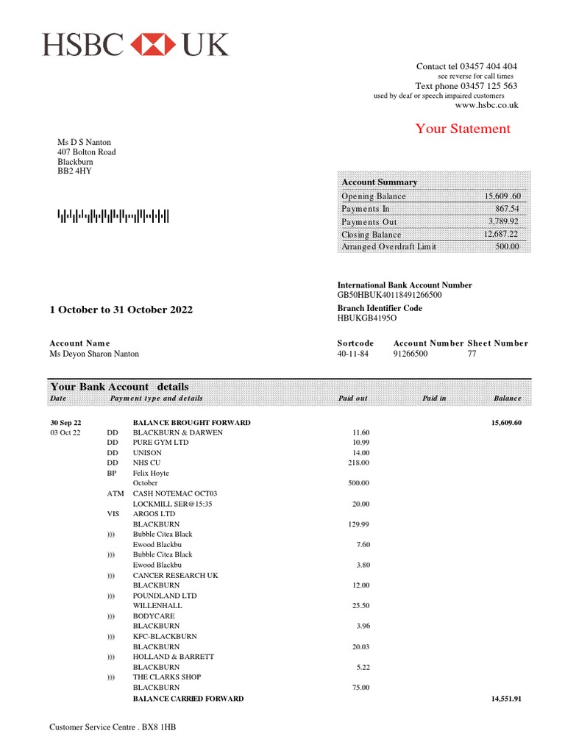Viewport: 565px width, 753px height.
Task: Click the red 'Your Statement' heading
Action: click(462, 129)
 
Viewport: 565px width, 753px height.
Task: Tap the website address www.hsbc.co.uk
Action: click(486, 105)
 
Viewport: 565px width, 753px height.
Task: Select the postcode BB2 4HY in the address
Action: click(75, 171)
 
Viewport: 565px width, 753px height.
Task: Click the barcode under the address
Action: click(113, 216)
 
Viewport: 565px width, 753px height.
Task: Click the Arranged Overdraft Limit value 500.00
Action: click(506, 247)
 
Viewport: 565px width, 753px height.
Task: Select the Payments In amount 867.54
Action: click(506, 210)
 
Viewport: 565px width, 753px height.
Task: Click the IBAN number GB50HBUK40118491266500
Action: click(390, 295)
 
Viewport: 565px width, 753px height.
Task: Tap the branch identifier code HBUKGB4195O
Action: click(366, 318)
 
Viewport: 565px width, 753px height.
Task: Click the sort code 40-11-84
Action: click(352, 354)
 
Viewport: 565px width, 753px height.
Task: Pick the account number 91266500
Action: click(410, 354)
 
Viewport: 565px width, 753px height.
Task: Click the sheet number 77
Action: click(472, 354)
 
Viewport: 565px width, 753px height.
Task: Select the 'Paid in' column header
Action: click(434, 398)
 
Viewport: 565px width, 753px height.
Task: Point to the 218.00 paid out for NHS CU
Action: click(358, 463)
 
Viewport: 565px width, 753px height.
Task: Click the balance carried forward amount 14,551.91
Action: click(505, 699)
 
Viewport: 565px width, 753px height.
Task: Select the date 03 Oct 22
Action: click(65, 433)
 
